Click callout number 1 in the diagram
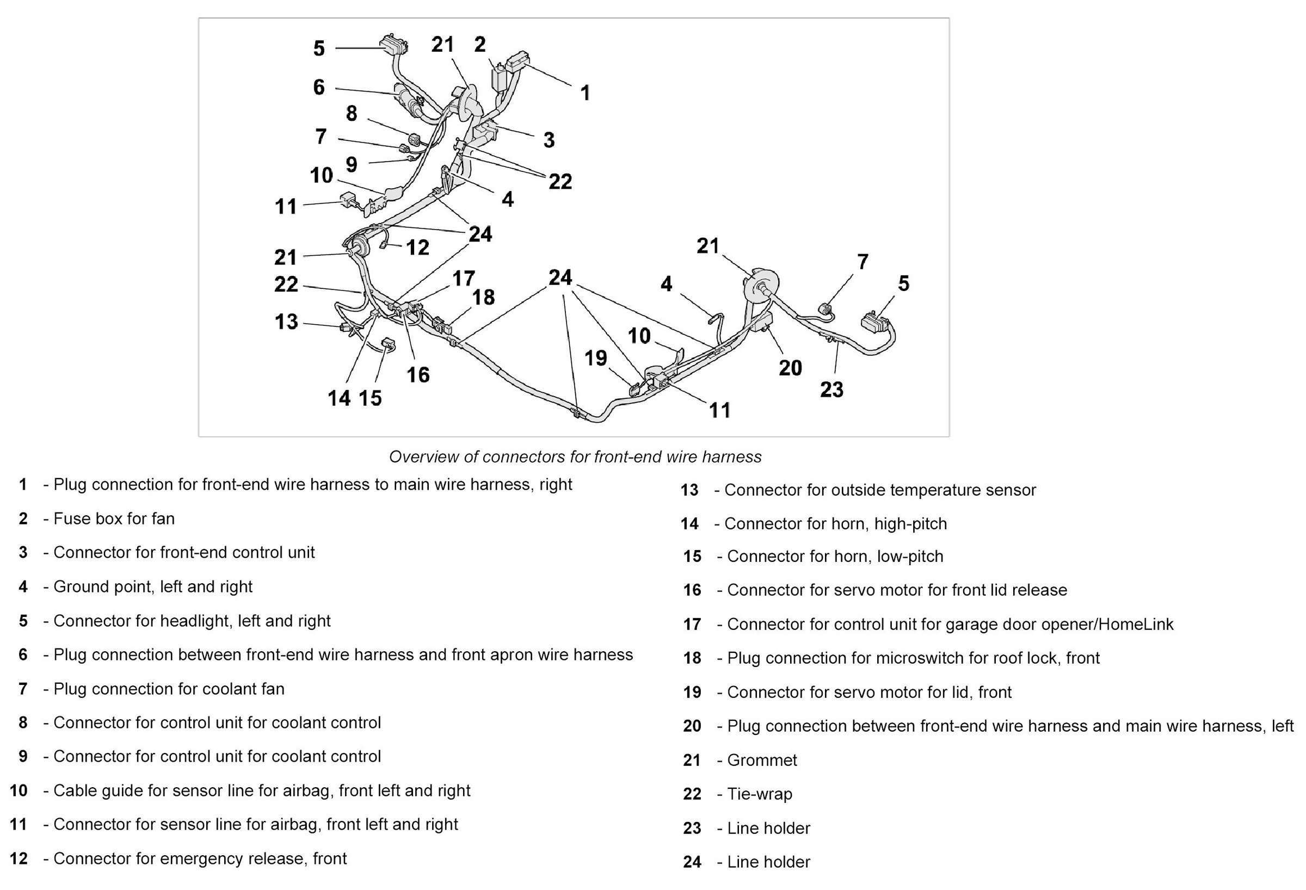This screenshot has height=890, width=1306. click(585, 93)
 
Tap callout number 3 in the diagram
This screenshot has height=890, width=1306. click(549, 140)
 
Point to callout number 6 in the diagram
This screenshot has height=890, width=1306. click(319, 87)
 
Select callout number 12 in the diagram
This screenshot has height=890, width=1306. click(417, 247)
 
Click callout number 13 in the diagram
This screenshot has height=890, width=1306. click(286, 322)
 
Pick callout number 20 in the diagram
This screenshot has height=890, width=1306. click(790, 368)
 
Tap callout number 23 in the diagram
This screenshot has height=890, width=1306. click(831, 390)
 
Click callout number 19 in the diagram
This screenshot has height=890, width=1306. click(596, 358)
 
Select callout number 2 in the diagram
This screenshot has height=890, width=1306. click(479, 45)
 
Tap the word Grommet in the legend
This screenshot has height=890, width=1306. click(762, 760)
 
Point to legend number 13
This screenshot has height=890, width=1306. click(689, 490)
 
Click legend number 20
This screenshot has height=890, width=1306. click(692, 726)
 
